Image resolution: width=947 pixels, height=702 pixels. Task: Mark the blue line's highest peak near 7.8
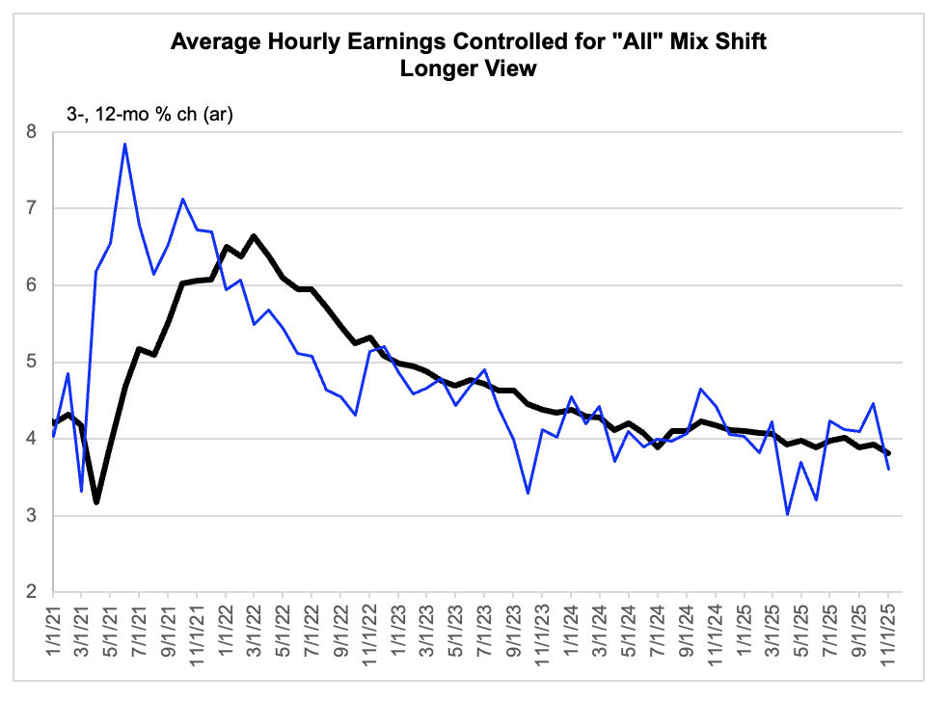[x=125, y=145]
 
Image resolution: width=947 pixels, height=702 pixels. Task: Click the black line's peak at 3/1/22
[x=254, y=235]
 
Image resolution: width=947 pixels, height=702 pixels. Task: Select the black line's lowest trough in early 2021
[x=96, y=502]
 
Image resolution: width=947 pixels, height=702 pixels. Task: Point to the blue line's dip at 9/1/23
[x=528, y=493]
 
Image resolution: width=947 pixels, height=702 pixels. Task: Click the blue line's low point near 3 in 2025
[x=788, y=514]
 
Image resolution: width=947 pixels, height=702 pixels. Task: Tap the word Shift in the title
[x=741, y=42]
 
